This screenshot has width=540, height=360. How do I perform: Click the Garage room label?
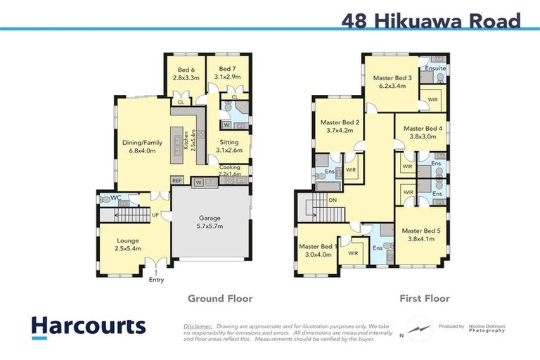click(209, 222)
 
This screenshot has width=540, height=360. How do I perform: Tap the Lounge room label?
click(128, 244)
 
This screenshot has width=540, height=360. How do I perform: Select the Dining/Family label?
click(143, 146)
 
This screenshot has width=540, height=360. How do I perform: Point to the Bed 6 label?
click(186, 74)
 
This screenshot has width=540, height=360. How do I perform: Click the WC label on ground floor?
click(115, 199)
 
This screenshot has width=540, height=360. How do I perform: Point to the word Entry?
click(156, 280)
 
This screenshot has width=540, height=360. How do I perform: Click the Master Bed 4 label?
click(423, 133)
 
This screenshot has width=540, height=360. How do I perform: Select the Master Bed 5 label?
click(420, 234)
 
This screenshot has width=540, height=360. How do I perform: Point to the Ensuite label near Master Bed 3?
click(436, 68)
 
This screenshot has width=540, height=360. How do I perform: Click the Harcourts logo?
click(88, 326)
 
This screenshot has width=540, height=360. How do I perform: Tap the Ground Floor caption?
click(219, 298)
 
